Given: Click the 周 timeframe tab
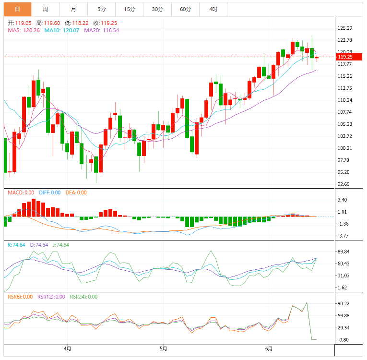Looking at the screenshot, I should (45, 9).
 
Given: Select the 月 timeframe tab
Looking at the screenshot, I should (73, 9).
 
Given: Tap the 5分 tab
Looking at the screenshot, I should (101, 9).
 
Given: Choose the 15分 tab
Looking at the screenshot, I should (129, 9).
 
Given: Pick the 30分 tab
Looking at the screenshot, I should (157, 9).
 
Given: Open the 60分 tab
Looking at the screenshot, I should (185, 9).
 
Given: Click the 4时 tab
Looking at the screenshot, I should (213, 9).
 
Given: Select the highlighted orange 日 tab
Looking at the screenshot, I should (17, 9).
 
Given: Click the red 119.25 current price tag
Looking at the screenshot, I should (345, 57).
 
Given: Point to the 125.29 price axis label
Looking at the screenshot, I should (345, 28).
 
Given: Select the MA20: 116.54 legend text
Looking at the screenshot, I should (102, 30).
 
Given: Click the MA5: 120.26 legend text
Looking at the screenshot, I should (24, 30).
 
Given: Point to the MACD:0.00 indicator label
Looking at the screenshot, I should (20, 192).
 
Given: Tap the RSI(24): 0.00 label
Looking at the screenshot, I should (83, 297).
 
